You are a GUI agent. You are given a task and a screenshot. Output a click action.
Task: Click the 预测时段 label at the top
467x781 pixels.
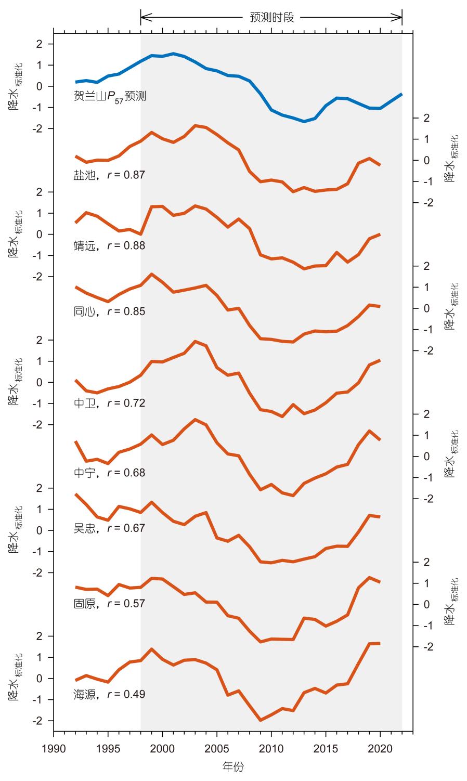(x=272, y=18)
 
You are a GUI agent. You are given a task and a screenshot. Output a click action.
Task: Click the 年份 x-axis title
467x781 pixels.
(x=233, y=766)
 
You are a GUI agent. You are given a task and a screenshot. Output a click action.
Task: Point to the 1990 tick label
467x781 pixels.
(x=54, y=748)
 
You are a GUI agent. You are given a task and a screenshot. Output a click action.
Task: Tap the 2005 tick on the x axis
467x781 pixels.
(x=217, y=748)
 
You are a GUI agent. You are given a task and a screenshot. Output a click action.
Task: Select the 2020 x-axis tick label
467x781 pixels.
(x=380, y=748)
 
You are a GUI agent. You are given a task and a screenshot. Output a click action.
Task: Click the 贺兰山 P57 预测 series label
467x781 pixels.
(x=110, y=97)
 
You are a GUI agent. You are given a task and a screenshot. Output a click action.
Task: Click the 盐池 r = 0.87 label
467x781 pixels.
(x=109, y=175)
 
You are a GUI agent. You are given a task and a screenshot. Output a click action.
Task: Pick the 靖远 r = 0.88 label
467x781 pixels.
(x=109, y=246)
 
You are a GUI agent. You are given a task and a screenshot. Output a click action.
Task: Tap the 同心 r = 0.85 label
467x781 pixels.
(x=109, y=312)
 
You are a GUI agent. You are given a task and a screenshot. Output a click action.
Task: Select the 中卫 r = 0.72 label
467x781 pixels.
(x=109, y=403)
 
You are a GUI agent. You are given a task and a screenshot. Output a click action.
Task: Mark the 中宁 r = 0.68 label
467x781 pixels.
(x=109, y=473)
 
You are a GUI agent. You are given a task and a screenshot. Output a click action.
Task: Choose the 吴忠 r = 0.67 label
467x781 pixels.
(x=109, y=528)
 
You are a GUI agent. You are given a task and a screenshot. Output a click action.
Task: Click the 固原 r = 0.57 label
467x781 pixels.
(x=109, y=604)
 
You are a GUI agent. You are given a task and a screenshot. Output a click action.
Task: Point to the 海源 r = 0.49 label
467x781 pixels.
(x=109, y=695)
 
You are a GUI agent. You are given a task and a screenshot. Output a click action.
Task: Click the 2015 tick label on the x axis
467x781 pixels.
(x=326, y=748)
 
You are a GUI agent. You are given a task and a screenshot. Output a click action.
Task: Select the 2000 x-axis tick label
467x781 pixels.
(x=163, y=748)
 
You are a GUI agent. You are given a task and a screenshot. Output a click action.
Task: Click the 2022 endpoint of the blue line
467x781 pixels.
(x=401, y=94)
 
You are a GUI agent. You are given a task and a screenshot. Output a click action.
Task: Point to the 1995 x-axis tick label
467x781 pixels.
(x=108, y=748)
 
